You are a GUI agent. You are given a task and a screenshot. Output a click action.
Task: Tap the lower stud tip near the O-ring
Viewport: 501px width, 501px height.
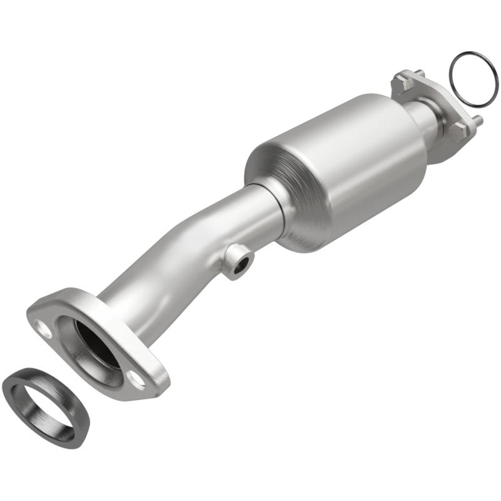pos(478,118)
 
